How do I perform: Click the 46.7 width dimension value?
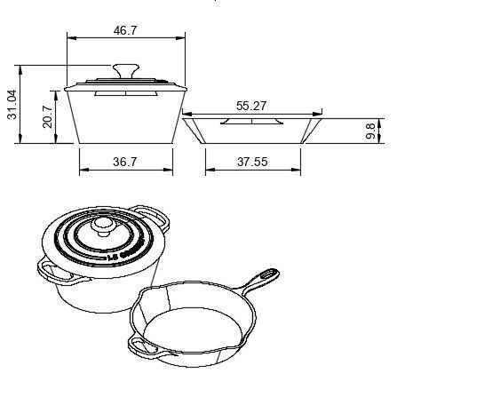pyautogui.click(x=125, y=30)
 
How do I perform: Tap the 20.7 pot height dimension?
pyautogui.click(x=49, y=115)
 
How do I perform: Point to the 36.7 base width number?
pyautogui.click(x=125, y=163)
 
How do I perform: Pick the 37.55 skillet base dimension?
pyautogui.click(x=252, y=163)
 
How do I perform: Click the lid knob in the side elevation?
pyautogui.click(x=125, y=69)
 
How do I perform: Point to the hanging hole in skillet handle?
pyautogui.click(x=272, y=274)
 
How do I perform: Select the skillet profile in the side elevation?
pyautogui.click(x=252, y=130)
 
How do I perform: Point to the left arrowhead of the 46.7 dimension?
pyautogui.click(x=72, y=38)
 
